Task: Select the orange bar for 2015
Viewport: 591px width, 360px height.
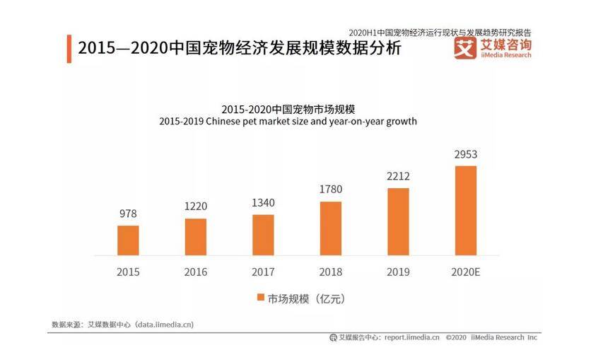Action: pos(128,240)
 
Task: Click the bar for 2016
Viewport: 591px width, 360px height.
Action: pos(196,237)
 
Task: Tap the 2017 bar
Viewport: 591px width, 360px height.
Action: pos(263,236)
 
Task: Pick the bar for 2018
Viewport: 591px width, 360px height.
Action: pos(331,228)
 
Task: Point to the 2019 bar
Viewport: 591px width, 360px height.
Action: pos(398,222)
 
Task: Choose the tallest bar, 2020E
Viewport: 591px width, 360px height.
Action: pos(466,211)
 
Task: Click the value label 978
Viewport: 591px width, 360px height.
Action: pos(128,214)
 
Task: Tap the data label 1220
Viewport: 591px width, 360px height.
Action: pos(196,207)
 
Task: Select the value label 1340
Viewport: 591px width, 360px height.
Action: pos(263,203)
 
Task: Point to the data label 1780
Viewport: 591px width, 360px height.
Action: pos(331,190)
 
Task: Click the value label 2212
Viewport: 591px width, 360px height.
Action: pos(398,176)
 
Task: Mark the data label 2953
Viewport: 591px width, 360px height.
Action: pos(466,154)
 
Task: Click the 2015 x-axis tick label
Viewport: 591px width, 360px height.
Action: pos(128,272)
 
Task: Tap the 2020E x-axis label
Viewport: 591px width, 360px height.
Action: pos(466,272)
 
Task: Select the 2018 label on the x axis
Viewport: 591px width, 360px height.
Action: pos(331,272)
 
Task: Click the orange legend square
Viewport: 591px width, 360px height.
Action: pos(260,298)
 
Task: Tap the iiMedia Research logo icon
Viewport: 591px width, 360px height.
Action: pos(464,48)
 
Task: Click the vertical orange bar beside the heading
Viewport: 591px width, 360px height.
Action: pos(69,49)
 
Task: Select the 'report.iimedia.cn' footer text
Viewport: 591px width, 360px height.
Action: pos(412,337)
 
